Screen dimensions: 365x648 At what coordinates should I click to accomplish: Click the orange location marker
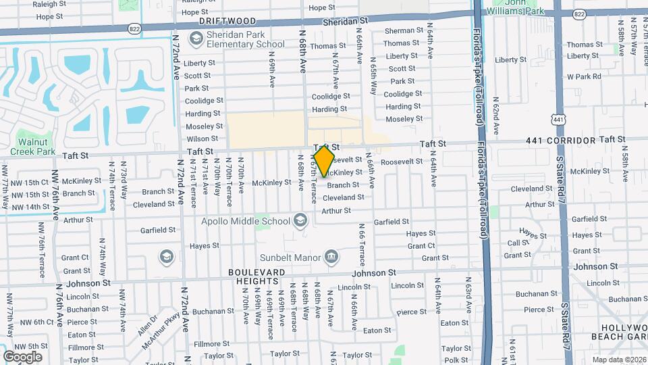pyautogui.click(x=324, y=160)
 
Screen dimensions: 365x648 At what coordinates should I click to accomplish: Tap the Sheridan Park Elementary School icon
pyautogui.click(x=196, y=39)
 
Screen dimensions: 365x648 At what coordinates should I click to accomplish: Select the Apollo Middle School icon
pyautogui.click(x=300, y=220)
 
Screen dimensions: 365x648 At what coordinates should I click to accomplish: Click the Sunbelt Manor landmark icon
pyautogui.click(x=331, y=257)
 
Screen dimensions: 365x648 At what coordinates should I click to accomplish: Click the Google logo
pyautogui.click(x=22, y=356)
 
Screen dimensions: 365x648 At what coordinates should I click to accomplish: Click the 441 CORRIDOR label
pyautogui.click(x=562, y=141)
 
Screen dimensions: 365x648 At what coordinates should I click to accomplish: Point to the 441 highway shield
pyautogui.click(x=558, y=120)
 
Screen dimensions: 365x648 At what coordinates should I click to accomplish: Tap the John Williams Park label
pyautogui.click(x=525, y=7)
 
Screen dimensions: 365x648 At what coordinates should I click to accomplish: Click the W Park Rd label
pyautogui.click(x=584, y=76)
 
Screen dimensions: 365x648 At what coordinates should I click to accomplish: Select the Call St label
pyautogui.click(x=518, y=243)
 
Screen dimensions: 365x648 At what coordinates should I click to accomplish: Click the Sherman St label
pyautogui.click(x=404, y=31)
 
